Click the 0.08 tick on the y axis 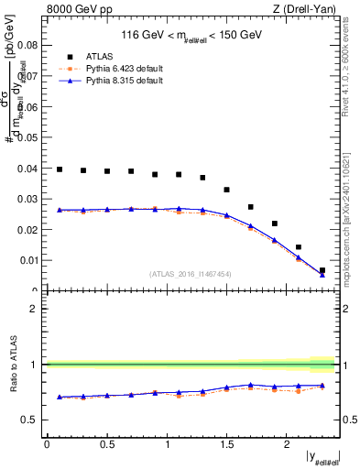(27, 45)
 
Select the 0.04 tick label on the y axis (27, 169)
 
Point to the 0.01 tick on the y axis (27, 261)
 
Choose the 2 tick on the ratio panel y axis (33, 309)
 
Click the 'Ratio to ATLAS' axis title (12, 364)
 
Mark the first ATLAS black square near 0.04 (60, 169)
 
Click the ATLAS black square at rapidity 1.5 (227, 190)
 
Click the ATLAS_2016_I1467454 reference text (191, 274)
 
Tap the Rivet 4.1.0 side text (352, 64)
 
